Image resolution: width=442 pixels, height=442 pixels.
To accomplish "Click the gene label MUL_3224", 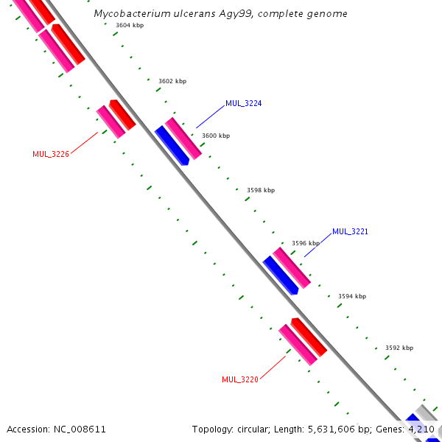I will tap(243, 103).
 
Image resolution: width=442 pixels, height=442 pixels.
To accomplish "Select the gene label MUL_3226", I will tap(51, 154).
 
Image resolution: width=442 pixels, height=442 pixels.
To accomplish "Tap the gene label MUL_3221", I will tap(349, 231).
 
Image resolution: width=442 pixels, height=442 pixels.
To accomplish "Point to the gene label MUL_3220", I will tap(239, 379).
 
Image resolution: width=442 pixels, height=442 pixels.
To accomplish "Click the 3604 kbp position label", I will tap(130, 26).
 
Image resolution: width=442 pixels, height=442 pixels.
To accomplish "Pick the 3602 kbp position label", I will tap(172, 81).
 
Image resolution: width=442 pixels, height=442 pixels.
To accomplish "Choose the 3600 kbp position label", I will tap(216, 136).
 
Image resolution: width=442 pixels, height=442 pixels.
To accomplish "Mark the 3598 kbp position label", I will tap(260, 190).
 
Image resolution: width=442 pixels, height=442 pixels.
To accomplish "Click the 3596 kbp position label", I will tap(306, 243).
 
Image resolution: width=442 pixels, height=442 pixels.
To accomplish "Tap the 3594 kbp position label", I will tap(352, 296).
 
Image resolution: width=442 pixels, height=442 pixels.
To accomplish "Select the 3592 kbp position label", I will tap(399, 348).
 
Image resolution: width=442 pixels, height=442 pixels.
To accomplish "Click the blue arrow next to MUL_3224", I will tap(172, 145).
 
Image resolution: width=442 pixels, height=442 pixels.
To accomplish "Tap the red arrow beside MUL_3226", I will tap(122, 114).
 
